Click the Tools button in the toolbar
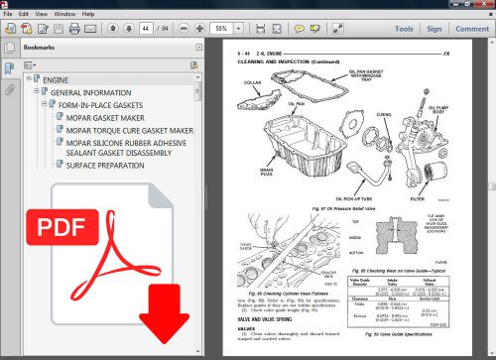[x=403, y=30]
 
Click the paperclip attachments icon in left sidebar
[x=9, y=90]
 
